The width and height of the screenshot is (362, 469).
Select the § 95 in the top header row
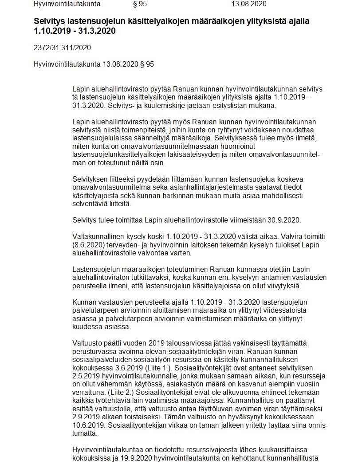[140, 4]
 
